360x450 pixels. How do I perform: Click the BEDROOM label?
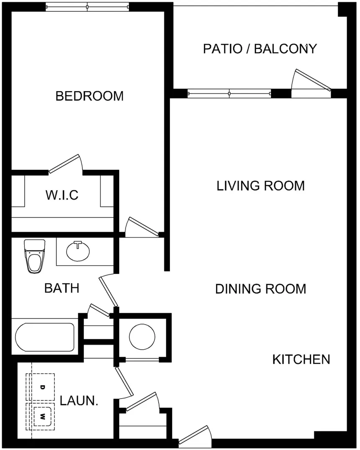89,96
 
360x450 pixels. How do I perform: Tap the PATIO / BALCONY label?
260,49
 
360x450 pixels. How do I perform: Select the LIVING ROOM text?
261,186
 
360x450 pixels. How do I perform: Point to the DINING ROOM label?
261,289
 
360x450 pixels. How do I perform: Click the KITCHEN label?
301,359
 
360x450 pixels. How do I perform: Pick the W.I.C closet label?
62,195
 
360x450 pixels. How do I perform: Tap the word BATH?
62,288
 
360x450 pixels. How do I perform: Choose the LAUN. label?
79,401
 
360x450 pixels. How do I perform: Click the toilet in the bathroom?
35,256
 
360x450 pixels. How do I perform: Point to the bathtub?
44,337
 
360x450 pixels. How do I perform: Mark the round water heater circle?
142,337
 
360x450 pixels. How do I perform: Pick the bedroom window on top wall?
87,6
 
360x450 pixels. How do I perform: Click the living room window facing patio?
229,93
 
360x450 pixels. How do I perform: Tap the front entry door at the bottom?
195,435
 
